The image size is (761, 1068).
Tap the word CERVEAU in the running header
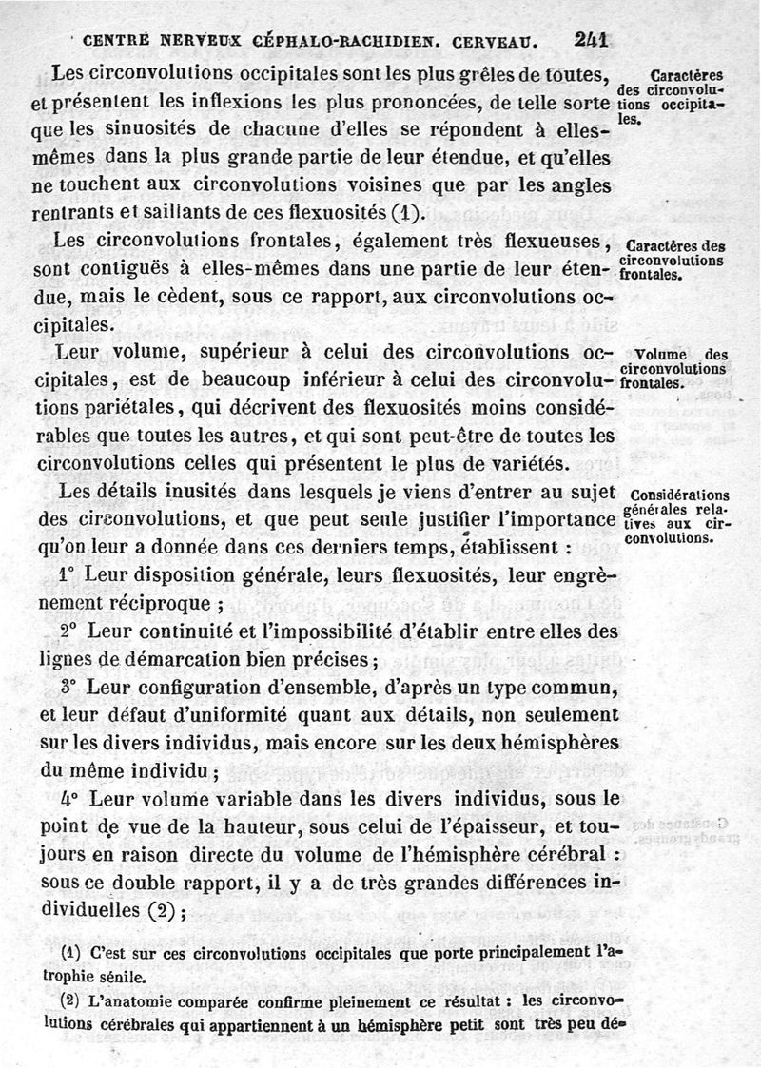click(498, 41)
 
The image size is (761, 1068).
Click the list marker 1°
click(67, 574)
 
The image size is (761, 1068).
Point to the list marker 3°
click(67, 686)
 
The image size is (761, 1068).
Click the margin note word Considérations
click(679, 495)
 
